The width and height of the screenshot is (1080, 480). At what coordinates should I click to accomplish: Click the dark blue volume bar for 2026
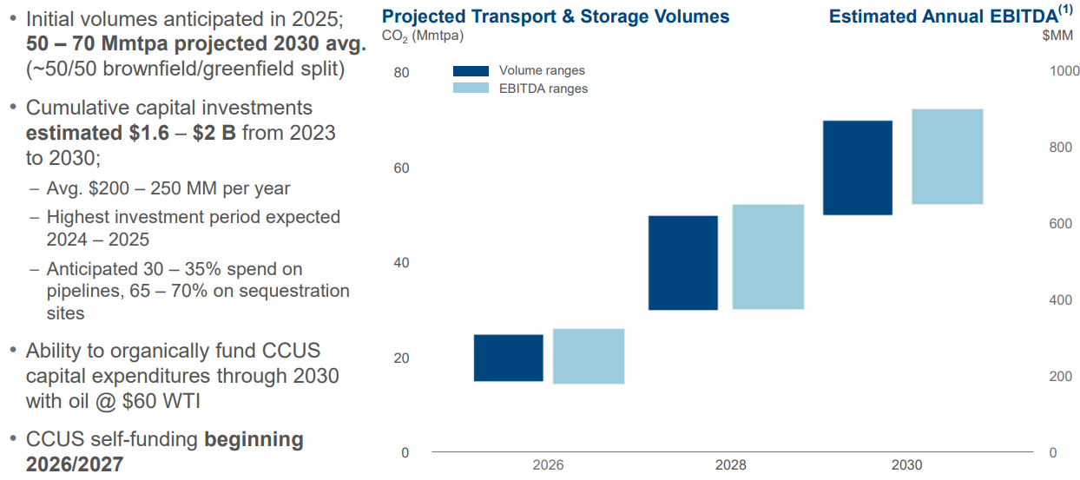tap(509, 358)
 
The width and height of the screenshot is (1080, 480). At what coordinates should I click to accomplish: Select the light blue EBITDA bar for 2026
tap(589, 356)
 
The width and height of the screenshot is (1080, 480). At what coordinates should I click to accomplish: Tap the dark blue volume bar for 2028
tap(683, 262)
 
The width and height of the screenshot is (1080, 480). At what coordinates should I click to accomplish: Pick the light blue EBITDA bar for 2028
tap(768, 257)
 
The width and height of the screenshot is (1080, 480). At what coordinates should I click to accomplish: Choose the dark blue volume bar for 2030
tap(858, 168)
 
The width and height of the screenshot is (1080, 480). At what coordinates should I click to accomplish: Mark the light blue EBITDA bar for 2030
tap(947, 156)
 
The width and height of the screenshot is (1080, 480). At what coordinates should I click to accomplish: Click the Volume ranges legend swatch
tap(471, 71)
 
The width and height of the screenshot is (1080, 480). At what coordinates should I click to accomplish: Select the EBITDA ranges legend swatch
tap(471, 88)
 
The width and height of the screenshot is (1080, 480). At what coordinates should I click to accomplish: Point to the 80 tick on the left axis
tap(400, 73)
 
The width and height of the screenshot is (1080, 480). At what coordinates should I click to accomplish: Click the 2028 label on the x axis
tap(730, 465)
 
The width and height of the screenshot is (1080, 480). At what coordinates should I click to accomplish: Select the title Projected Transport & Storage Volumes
tap(556, 16)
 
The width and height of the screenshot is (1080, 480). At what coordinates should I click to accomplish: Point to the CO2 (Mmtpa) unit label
tap(423, 36)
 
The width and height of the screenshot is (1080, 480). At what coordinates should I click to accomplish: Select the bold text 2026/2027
tap(75, 464)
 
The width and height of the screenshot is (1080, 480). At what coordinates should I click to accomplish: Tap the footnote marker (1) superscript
tap(1066, 10)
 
